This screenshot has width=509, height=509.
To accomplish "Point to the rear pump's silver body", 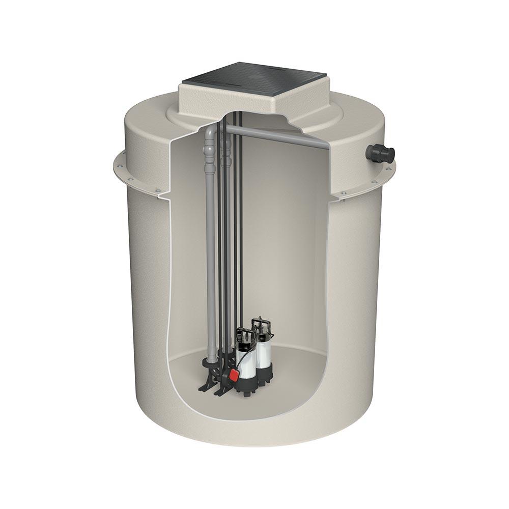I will (x=265, y=349).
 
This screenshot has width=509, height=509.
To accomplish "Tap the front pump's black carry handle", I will (x=245, y=334).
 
